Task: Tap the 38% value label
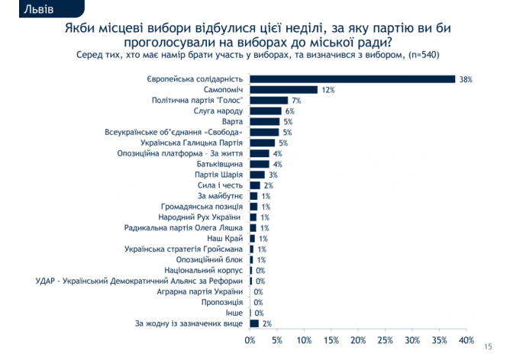click(465, 79)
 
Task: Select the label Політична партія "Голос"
click(196, 100)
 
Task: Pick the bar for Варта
click(265, 121)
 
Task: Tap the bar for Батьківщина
click(260, 164)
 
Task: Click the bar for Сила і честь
click(256, 185)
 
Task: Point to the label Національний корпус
click(204, 270)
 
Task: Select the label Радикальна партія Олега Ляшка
click(184, 228)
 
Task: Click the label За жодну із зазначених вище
click(189, 323)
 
